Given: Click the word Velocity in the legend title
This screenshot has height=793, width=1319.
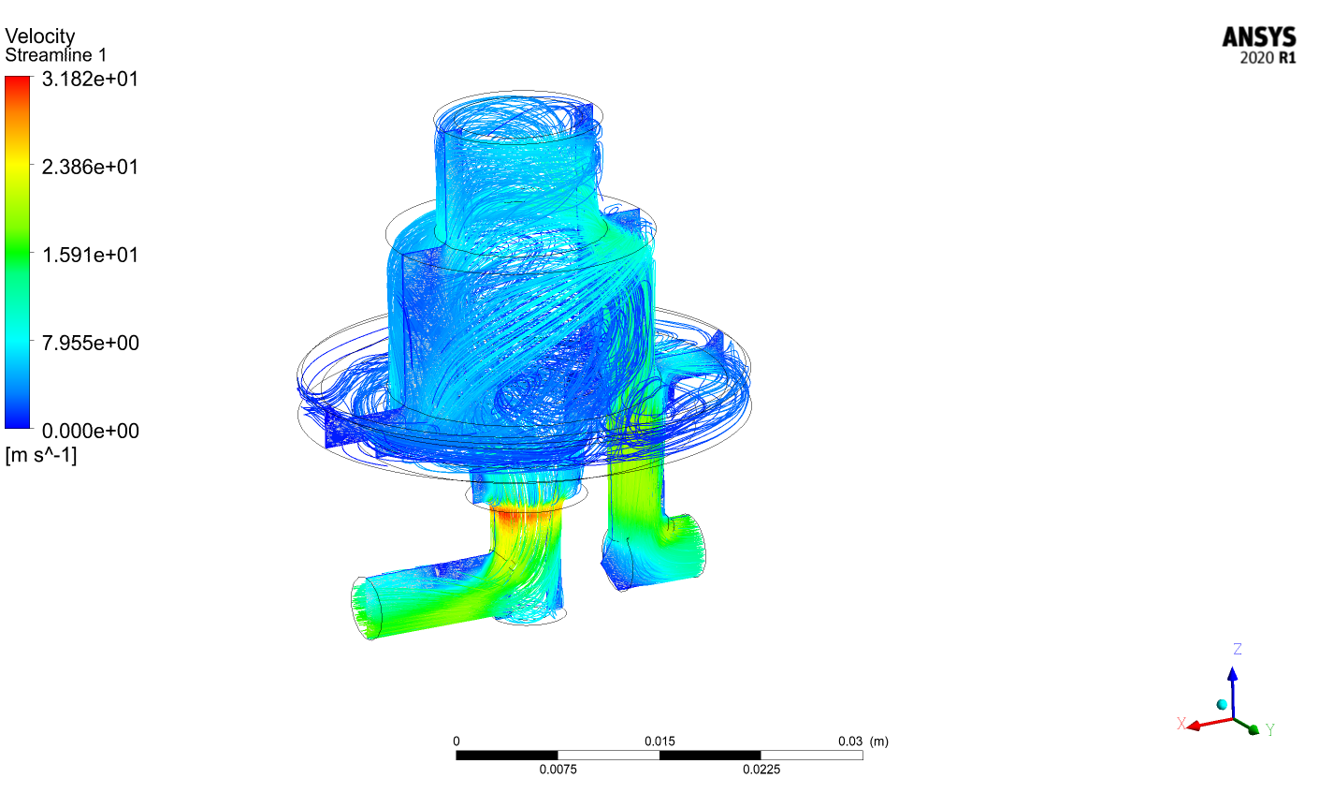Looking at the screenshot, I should [x=40, y=37].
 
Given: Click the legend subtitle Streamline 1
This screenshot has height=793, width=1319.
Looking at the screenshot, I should [x=56, y=55].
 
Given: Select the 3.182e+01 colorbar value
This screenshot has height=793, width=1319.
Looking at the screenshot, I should [x=91, y=79].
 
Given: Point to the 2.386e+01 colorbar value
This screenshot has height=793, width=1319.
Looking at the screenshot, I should [x=91, y=167].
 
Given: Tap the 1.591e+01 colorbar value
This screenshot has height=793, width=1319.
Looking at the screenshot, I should [x=91, y=255].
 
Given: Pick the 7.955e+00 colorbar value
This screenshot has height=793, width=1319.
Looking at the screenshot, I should [x=91, y=343].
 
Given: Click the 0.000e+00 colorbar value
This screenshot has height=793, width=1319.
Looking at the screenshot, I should [x=91, y=431].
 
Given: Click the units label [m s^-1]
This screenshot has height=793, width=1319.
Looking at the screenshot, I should [x=41, y=455].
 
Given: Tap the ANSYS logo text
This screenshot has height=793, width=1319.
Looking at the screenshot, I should [x=1259, y=37].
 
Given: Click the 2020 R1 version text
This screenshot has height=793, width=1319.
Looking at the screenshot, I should [x=1268, y=58].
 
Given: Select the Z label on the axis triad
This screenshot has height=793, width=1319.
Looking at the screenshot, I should [x=1238, y=649].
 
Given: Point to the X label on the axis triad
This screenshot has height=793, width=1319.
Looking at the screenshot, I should [x=1181, y=723].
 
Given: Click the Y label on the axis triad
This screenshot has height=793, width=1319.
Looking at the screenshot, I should [x=1270, y=729].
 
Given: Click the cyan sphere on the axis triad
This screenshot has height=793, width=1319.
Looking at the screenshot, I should [x=1222, y=704].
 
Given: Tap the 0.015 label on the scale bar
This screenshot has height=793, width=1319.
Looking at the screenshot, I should [x=659, y=742].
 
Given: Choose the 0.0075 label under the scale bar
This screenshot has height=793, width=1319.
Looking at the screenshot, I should [x=558, y=770].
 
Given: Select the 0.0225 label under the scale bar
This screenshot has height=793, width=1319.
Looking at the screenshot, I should [x=761, y=770].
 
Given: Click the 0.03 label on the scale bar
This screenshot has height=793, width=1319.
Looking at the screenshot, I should [x=850, y=742].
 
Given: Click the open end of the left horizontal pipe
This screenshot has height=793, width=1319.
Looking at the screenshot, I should [x=367, y=608].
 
